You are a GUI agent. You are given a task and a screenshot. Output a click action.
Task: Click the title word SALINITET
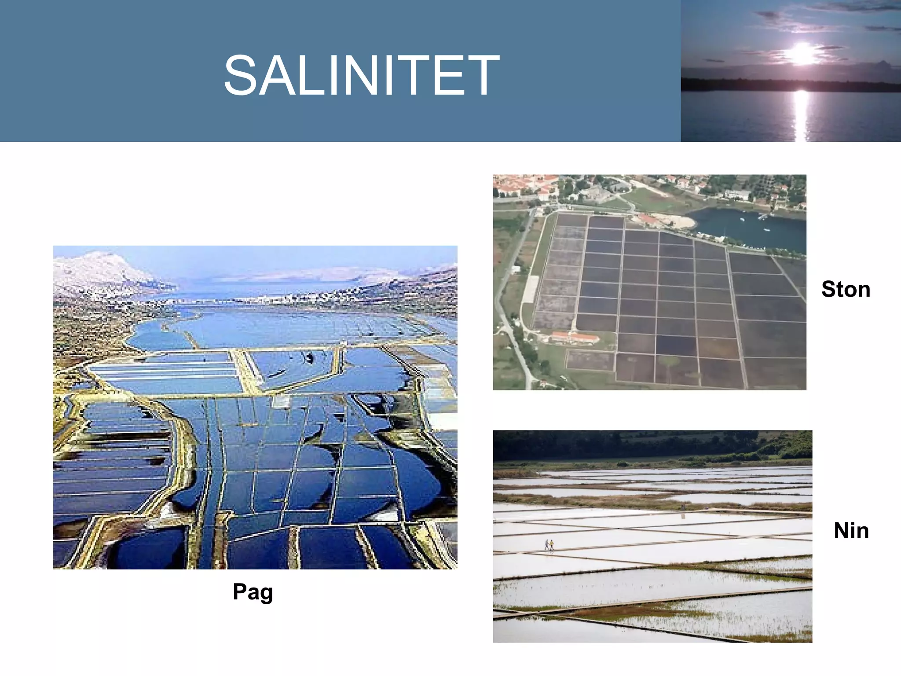[x=361, y=75]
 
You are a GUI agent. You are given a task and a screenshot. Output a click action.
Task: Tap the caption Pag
[x=253, y=591]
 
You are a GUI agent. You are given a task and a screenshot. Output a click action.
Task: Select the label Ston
[x=846, y=290]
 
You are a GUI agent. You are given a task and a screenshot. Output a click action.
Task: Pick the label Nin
[x=851, y=530]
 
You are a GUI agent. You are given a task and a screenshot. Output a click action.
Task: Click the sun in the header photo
[x=802, y=54]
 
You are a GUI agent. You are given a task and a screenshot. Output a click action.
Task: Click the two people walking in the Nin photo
[x=549, y=545]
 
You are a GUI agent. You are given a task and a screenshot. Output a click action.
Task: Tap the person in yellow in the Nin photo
[x=551, y=545]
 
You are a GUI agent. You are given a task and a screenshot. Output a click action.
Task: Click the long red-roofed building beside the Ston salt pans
[x=575, y=338]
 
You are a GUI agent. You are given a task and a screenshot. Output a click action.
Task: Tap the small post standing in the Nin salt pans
[x=682, y=507]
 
